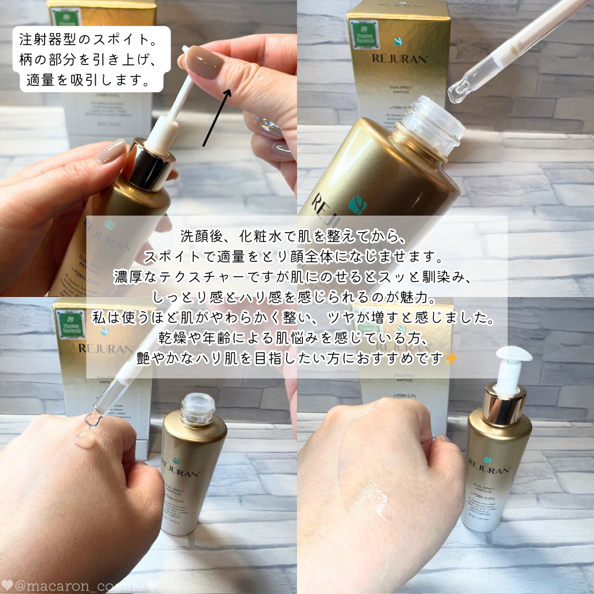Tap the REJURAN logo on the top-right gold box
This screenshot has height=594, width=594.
click(399, 59)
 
